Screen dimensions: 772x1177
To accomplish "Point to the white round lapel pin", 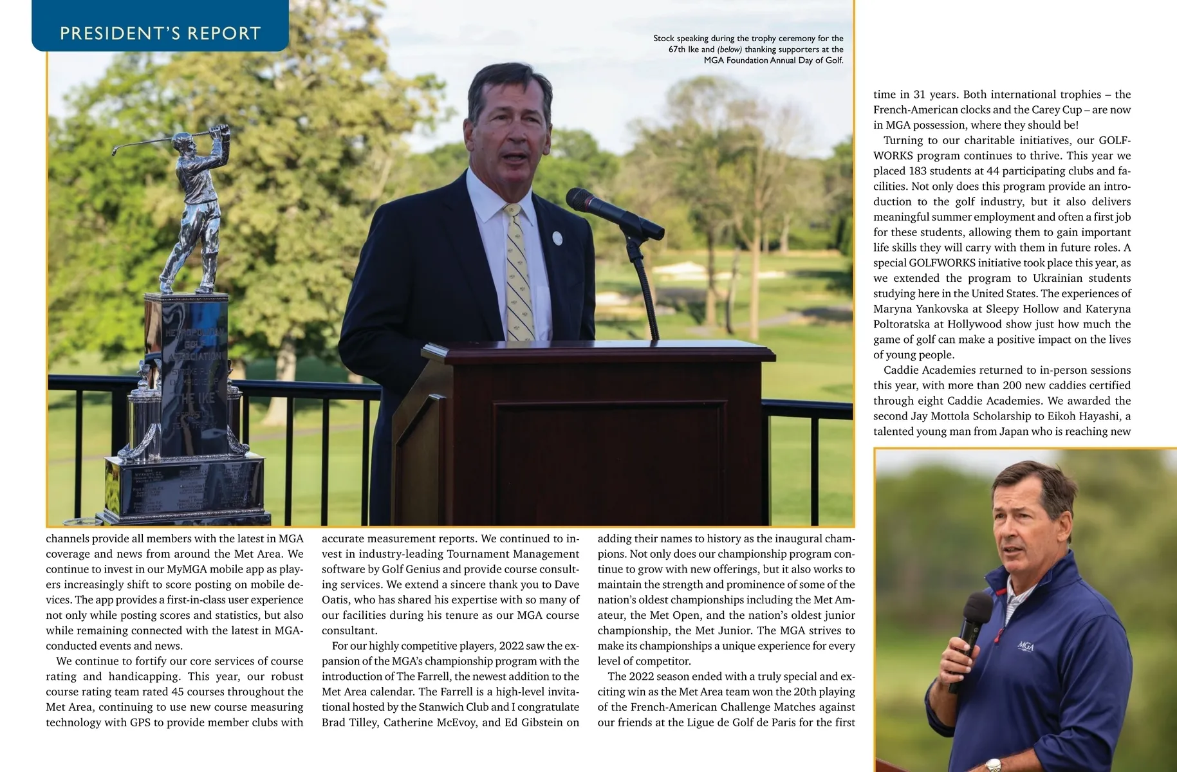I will (557, 239).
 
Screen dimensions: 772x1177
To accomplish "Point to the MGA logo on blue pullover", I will (1025, 645).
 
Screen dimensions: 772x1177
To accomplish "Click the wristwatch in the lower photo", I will (994, 765).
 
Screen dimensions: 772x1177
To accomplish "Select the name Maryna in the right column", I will (892, 309).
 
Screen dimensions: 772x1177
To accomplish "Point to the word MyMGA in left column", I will (187, 569).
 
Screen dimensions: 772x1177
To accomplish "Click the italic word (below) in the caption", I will (729, 50).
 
